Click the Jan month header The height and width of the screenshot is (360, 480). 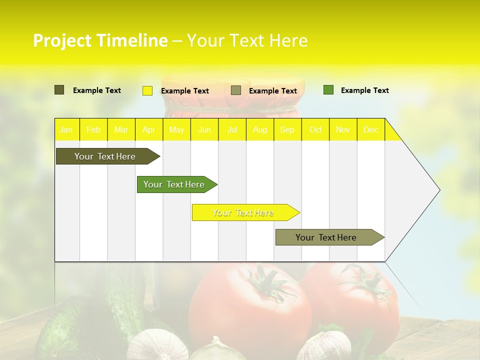click(66, 130)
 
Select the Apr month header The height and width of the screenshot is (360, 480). click(149, 130)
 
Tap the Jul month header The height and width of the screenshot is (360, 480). click(232, 130)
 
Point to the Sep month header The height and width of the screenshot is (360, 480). click(287, 130)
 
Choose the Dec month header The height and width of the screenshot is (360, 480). click(371, 130)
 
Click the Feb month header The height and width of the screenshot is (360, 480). click(93, 130)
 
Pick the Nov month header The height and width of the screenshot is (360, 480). click(343, 130)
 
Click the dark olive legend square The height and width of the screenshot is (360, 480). click(59, 90)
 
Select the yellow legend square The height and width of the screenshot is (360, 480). click(147, 90)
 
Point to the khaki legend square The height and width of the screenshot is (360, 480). click(236, 90)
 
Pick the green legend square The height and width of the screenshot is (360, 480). click(328, 90)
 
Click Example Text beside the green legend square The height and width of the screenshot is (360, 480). click(364, 90)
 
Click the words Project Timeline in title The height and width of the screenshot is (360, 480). click(100, 40)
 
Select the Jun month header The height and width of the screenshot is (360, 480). click(204, 130)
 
